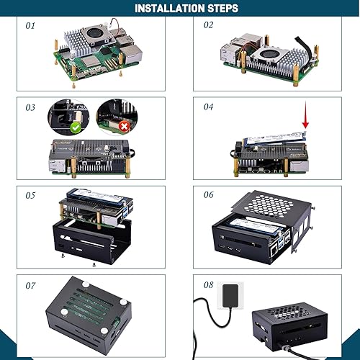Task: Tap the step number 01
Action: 30,25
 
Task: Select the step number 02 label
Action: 209,25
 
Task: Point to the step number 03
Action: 30,107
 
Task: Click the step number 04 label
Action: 209,107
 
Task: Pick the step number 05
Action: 30,194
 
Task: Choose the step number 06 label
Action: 209,194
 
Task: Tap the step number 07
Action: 30,286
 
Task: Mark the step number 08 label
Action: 209,286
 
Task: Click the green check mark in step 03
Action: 75,127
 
